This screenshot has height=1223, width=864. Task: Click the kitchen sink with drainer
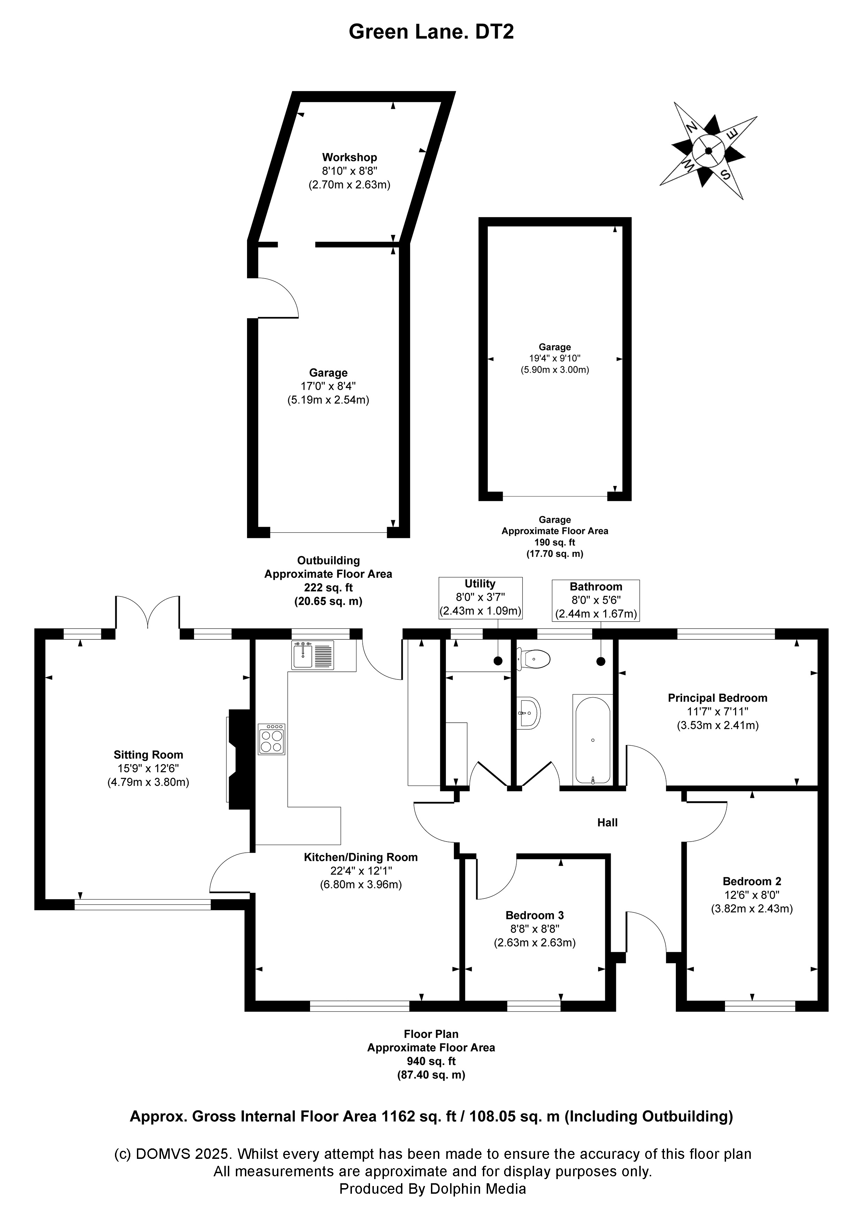313,655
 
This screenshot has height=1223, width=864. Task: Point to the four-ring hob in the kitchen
271,739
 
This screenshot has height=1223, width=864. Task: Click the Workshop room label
349,157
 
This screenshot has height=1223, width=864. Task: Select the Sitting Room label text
148,755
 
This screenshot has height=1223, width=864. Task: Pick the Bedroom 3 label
534,915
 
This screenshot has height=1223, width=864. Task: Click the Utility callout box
480,598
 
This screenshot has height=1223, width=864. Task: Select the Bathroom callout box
596,600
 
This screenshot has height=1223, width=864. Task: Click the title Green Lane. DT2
431,32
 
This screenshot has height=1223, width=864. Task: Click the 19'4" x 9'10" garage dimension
555,358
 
